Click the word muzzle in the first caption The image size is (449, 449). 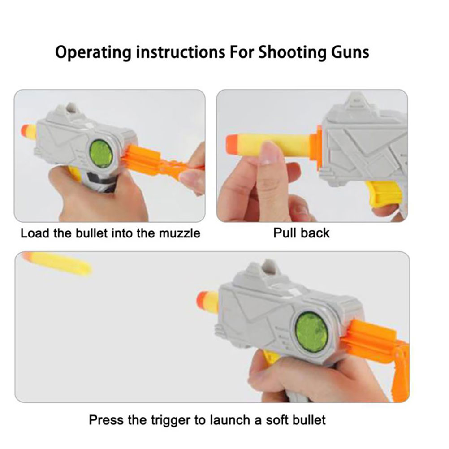point(180,233)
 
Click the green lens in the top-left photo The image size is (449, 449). point(101,154)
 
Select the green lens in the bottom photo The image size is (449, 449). point(311,332)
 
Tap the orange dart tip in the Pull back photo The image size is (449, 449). point(233,145)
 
